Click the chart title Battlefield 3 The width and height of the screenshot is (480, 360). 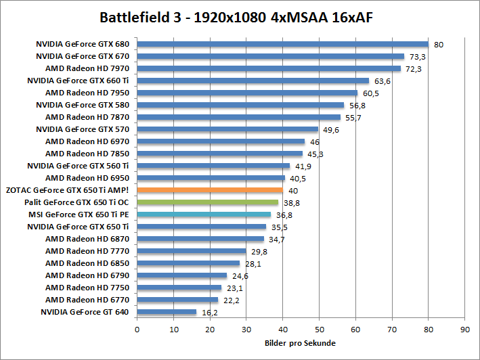(x=240, y=16)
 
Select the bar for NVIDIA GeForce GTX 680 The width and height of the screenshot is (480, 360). (x=282, y=45)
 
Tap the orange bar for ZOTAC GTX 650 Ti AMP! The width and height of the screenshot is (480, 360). (x=210, y=190)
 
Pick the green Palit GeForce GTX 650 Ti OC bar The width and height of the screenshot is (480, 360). (x=208, y=202)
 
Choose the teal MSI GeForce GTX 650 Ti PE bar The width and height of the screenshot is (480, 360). (x=204, y=215)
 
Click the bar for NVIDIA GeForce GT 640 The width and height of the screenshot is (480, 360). (x=167, y=312)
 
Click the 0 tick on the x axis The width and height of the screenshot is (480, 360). (x=137, y=330)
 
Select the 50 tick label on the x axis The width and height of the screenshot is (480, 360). (x=319, y=330)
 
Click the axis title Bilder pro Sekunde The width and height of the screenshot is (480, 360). (x=300, y=343)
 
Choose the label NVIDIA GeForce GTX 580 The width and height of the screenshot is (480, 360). (x=83, y=105)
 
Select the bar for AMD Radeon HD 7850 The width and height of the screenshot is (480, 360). (x=220, y=154)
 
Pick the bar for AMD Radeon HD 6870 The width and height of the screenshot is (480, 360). (x=200, y=239)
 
